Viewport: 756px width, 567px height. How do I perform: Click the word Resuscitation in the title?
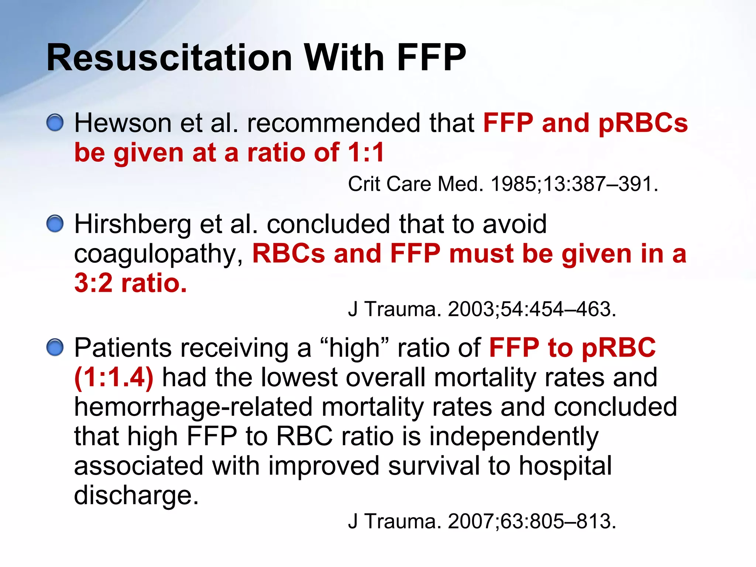point(169,58)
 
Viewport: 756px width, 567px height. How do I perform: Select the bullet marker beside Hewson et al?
point(55,123)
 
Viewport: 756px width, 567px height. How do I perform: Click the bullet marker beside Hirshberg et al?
point(55,224)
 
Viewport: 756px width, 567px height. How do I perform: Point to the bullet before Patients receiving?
point(55,347)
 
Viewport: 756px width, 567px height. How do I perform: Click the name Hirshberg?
point(133,224)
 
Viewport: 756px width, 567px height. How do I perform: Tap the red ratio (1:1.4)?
point(114,378)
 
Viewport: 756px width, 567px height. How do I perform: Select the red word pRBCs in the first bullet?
point(643,123)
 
